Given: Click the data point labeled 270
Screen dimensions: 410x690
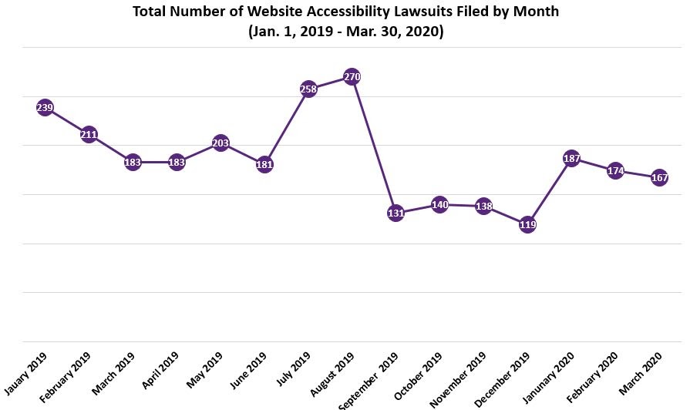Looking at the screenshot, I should pyautogui.click(x=352, y=77).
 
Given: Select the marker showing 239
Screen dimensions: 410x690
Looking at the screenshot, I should pyautogui.click(x=45, y=108).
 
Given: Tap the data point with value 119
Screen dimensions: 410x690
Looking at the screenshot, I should pyautogui.click(x=527, y=225).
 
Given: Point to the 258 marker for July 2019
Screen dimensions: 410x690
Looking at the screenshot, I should pyautogui.click(x=308, y=89).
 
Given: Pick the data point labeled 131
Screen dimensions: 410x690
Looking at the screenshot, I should pyautogui.click(x=395, y=213).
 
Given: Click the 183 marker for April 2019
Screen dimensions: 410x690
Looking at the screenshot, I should pyautogui.click(x=177, y=163).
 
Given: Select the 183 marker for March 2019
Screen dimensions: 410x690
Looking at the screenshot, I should pyautogui.click(x=133, y=163).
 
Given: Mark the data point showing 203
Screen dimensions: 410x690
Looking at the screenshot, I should pyautogui.click(x=220, y=143).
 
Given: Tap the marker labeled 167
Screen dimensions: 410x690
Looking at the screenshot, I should pyautogui.click(x=659, y=178).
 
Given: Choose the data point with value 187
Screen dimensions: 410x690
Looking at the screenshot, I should pyautogui.click(x=571, y=159).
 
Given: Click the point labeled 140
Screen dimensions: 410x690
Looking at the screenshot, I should pyautogui.click(x=439, y=205).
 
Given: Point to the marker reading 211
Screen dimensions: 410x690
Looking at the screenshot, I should pyautogui.click(x=89, y=136).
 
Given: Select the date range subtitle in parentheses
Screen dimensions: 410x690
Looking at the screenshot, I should pyautogui.click(x=345, y=32).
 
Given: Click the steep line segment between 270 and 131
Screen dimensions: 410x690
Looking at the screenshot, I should pyautogui.click(x=374, y=145).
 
